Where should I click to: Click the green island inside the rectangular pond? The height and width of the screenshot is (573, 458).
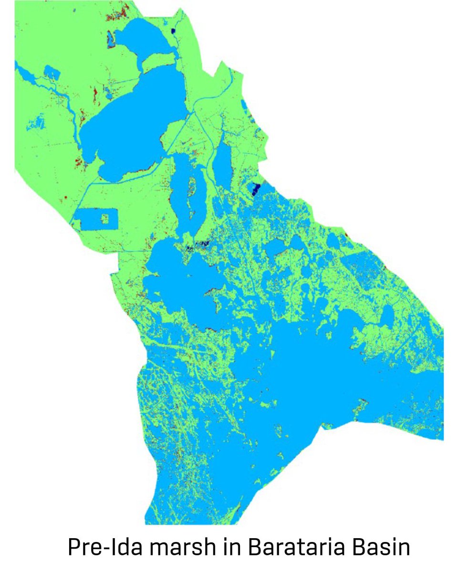pyautogui.click(x=108, y=219)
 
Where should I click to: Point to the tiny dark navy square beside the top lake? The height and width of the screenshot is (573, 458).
pyautogui.click(x=173, y=32)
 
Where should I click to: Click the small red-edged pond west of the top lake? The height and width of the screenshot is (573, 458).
pyautogui.click(x=110, y=38)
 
